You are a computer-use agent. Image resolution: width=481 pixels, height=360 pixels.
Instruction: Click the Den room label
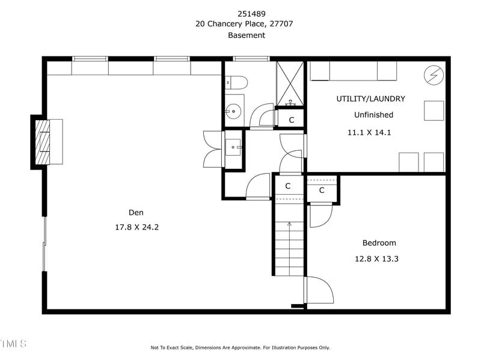coord(136,212)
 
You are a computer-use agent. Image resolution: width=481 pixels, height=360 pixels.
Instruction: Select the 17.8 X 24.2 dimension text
coord(136,227)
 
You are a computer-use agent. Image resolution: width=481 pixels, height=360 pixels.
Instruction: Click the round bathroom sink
coord(234,111)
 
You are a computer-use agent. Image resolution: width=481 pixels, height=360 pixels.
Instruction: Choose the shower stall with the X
coord(290,83)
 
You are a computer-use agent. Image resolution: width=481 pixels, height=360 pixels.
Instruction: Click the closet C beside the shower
coord(292,120)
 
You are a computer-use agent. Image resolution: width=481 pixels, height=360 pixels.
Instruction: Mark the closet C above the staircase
coord(287,186)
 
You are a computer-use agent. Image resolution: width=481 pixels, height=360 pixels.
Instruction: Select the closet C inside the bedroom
coord(322,191)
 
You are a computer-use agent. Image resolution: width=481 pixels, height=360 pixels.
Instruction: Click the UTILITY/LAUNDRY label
coord(370,99)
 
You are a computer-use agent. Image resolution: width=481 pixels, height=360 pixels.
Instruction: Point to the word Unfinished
coord(373,115)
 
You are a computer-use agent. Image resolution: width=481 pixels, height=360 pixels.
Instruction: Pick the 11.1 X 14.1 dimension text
coord(369,132)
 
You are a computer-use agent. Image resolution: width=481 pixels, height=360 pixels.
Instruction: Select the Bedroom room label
coord(379,243)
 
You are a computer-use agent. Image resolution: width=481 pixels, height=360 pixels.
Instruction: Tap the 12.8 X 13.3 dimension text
coord(376,259)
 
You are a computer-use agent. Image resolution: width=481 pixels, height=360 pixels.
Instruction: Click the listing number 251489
coord(245,13)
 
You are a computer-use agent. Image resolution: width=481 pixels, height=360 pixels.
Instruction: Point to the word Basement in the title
coord(246,35)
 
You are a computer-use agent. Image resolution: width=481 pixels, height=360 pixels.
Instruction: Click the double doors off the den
coord(213,148)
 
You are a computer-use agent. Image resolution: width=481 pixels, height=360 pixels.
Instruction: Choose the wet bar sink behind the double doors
coord(233,146)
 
